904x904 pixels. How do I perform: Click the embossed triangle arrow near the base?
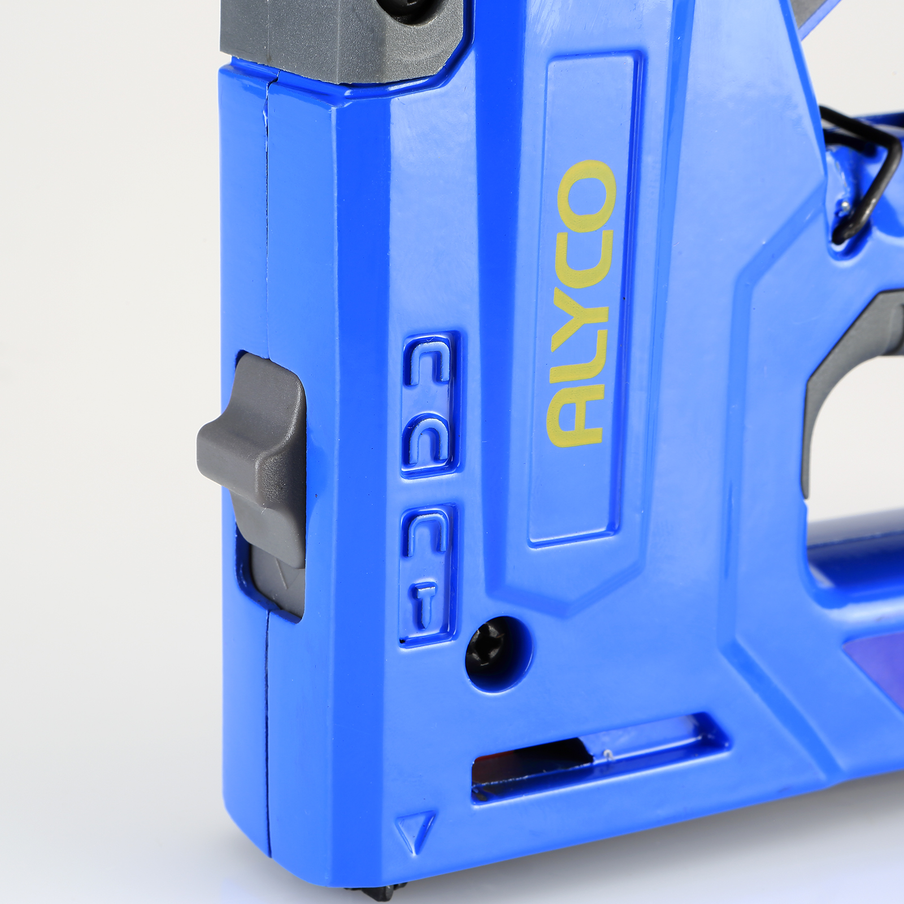coord(415,831)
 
